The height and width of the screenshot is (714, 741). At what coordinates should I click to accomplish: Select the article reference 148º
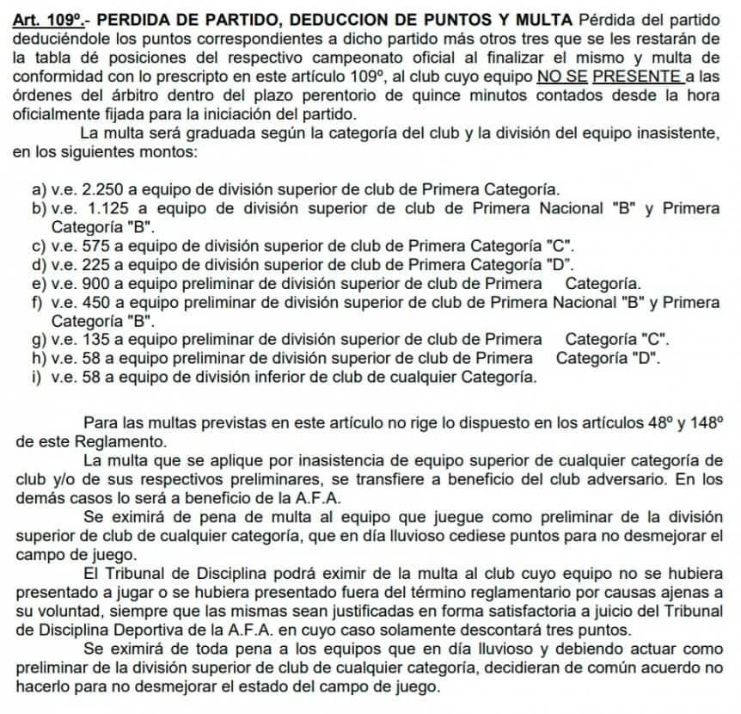[x=704, y=422]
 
